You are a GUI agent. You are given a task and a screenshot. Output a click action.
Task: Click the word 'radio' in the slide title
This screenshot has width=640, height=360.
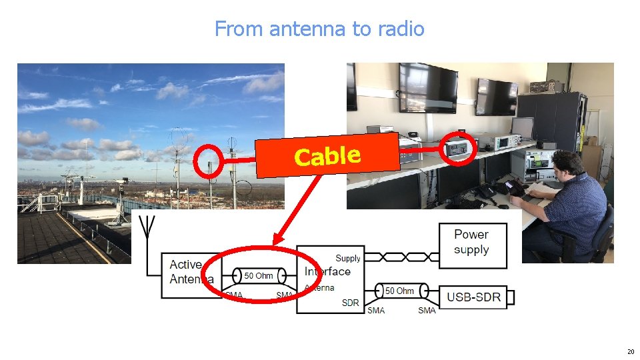(400, 29)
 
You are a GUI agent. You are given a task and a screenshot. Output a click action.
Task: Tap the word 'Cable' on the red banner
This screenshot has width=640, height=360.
(327, 156)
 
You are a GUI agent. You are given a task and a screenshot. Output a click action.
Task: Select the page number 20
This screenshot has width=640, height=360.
(630, 351)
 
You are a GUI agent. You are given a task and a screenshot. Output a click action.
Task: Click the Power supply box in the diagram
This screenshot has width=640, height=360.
(472, 242)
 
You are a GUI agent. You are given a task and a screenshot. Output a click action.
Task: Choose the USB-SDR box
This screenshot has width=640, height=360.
(473, 297)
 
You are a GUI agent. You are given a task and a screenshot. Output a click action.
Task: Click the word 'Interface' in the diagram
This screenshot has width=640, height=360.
(327, 271)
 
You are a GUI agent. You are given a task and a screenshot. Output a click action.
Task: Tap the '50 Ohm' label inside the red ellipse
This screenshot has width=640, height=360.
(259, 275)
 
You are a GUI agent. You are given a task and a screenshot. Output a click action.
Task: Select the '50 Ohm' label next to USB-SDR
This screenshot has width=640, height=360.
(399, 291)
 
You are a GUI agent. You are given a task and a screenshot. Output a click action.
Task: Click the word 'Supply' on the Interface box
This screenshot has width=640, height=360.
(348, 258)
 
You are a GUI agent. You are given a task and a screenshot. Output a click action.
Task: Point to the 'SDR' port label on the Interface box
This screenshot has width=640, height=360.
(350, 303)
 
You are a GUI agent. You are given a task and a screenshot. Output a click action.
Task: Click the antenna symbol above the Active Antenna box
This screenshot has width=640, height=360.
(147, 230)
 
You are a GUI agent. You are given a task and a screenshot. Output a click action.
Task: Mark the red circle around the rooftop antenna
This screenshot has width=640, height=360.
(210, 161)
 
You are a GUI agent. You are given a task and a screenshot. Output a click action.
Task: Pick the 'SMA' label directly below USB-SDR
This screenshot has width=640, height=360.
(427, 310)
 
